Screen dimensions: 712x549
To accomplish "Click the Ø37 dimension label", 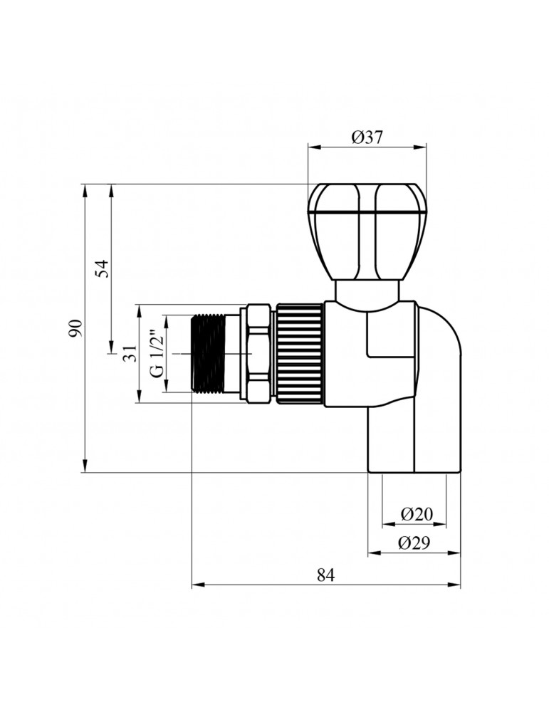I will (x=367, y=137).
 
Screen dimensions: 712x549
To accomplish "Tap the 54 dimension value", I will (x=103, y=268).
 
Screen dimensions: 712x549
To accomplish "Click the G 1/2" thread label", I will (x=157, y=353).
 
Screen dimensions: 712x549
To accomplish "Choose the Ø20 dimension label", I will (x=417, y=514).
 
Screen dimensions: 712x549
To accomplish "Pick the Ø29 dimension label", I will (x=413, y=543).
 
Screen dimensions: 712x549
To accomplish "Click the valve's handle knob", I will (x=367, y=231).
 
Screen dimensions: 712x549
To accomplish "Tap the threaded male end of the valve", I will (x=209, y=353).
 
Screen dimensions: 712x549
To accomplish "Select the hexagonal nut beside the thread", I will (x=257, y=353).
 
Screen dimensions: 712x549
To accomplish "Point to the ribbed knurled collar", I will (x=299, y=353).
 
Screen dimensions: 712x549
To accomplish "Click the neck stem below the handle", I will (x=367, y=291).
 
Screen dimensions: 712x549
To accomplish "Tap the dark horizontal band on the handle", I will (x=367, y=213).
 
